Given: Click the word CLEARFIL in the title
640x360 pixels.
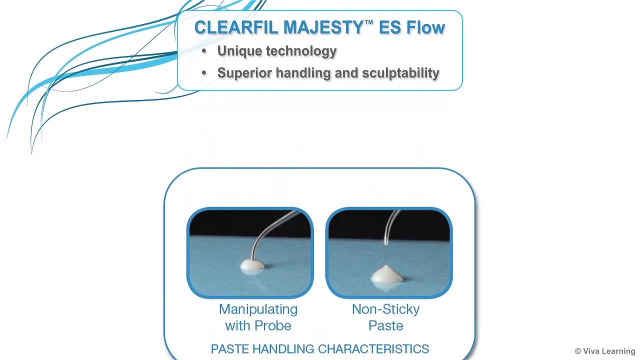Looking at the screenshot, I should (236, 27).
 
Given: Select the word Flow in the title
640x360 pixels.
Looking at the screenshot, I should (425, 27).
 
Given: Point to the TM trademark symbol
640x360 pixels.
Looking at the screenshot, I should (369, 22).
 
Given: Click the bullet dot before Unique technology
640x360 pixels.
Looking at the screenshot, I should (203, 51).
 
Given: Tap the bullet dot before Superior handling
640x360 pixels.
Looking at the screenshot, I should (203, 73).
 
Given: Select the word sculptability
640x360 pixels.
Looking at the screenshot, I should (400, 73).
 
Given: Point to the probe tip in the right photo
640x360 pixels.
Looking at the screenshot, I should (386, 242).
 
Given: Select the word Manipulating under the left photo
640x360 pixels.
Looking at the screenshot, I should (258, 309).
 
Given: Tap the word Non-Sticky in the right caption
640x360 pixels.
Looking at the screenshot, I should (385, 309).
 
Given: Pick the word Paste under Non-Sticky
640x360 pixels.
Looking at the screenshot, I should (385, 326).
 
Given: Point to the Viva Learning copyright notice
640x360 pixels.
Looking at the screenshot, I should (604, 351).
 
